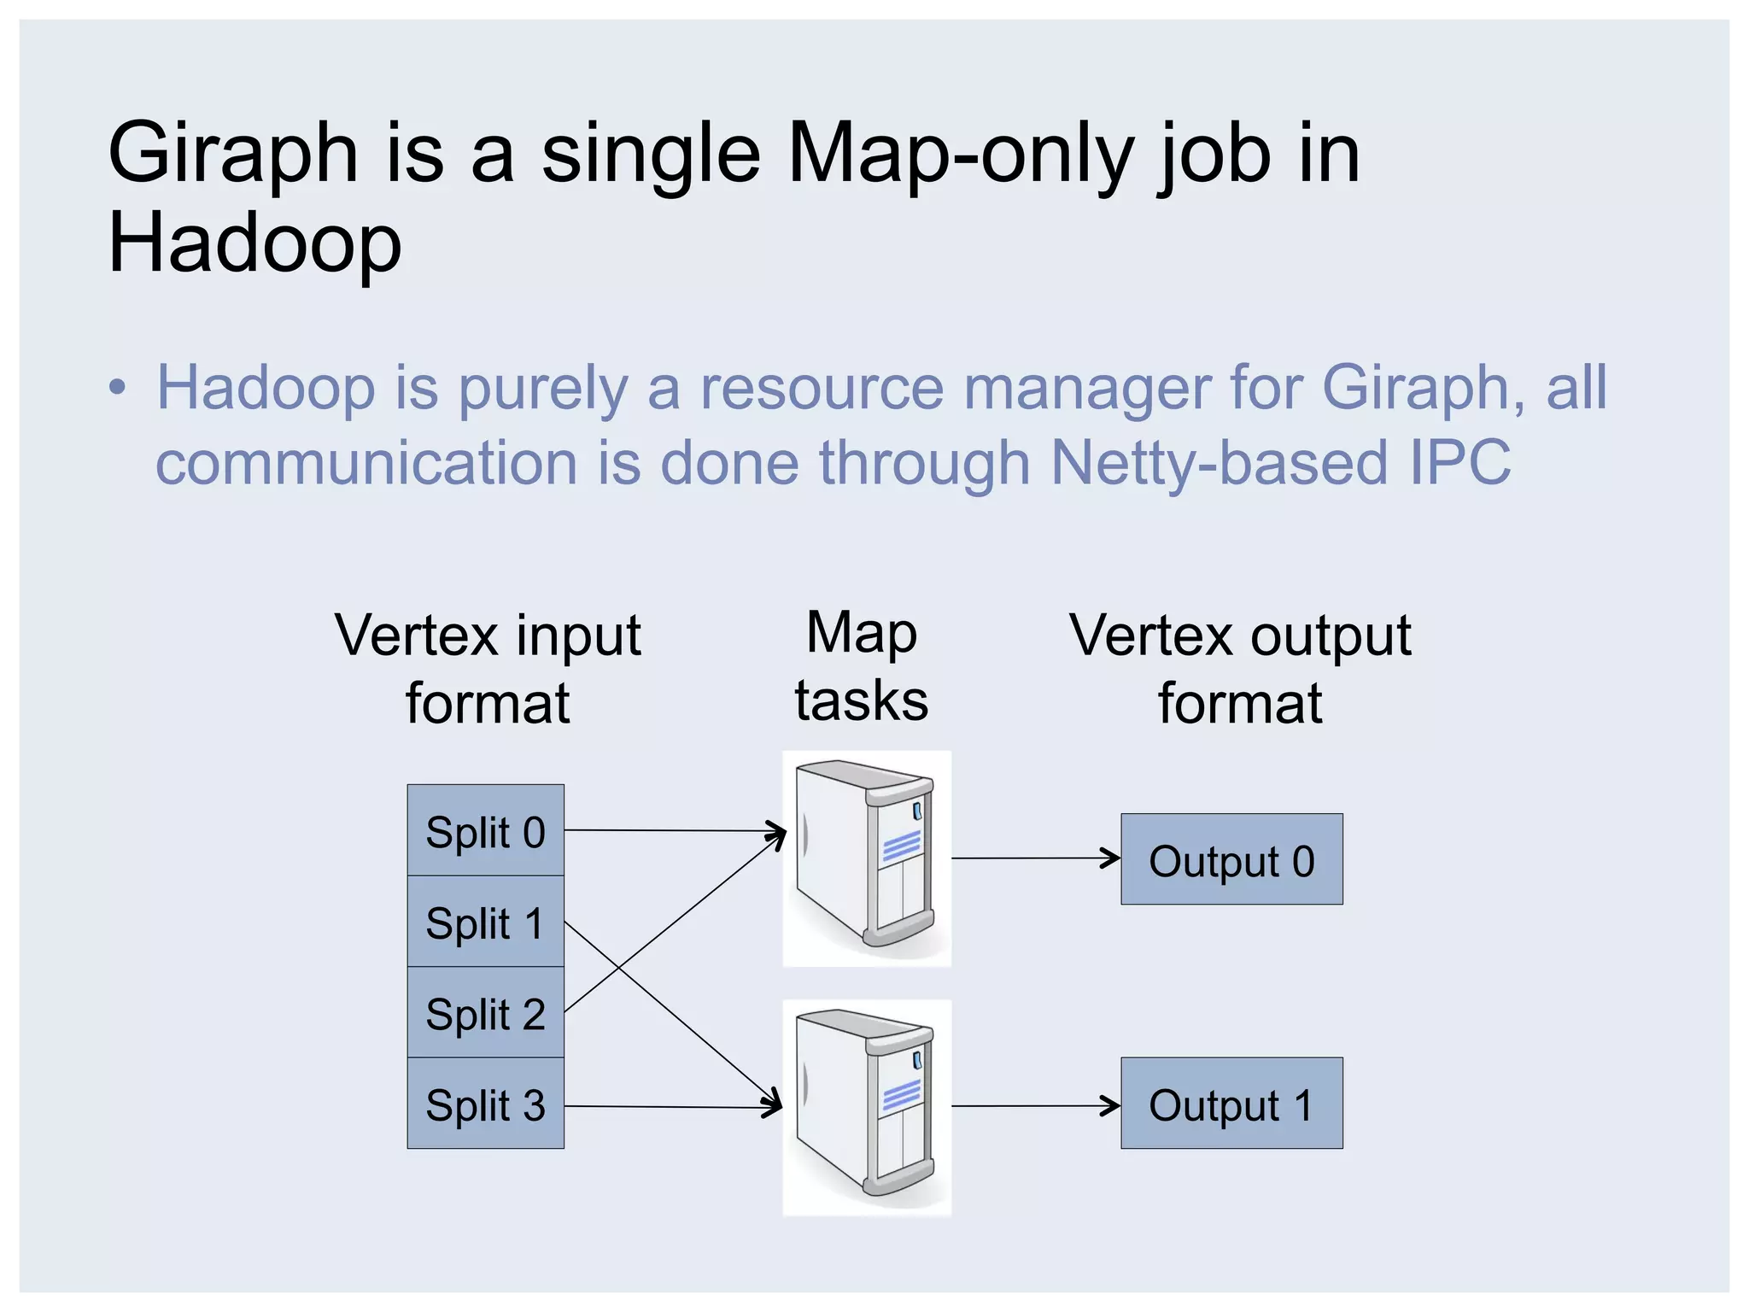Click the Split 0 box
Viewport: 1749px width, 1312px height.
485,830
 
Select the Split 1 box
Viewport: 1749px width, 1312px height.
485,922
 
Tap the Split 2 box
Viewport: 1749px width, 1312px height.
485,1013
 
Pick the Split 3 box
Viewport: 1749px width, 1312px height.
485,1104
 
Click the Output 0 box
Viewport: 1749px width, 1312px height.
1231,859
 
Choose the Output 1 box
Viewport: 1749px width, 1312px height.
1231,1104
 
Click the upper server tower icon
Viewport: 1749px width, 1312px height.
866,858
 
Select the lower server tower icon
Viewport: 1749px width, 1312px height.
866,1107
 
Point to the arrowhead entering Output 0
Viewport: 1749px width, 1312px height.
1113,858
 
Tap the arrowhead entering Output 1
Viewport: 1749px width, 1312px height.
1113,1106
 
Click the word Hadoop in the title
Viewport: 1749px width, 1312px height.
254,244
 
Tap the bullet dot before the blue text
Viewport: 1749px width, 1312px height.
117,389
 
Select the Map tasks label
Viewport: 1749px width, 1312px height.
862,667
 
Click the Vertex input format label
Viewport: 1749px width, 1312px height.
488,669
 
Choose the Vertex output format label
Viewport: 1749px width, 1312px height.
1240,669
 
